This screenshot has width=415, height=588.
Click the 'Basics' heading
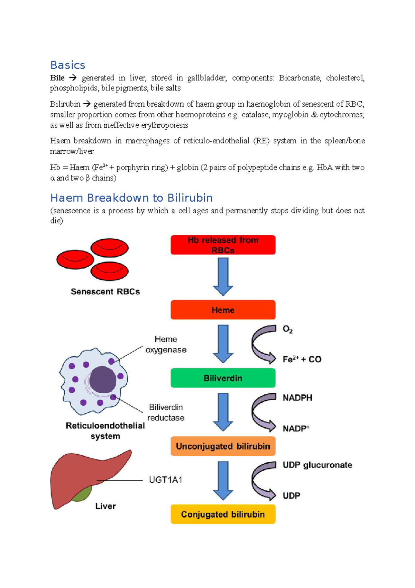coord(68,65)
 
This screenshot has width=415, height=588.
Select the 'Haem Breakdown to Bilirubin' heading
coord(131,198)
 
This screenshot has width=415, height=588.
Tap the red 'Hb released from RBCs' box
coord(223,245)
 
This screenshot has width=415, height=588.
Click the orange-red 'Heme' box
coord(223,310)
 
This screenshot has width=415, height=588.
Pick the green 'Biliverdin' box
coord(223,378)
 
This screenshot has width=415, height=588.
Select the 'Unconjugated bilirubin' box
coord(223,446)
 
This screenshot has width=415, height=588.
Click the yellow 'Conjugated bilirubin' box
coord(223,514)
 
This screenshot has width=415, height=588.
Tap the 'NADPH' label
coord(297,398)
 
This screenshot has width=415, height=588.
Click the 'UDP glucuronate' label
coord(317,465)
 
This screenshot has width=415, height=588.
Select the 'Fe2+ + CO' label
coord(302,359)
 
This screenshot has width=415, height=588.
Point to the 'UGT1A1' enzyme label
coord(165,480)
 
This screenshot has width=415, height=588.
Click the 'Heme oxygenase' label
coord(166,344)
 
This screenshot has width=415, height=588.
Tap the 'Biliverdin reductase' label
coord(166,412)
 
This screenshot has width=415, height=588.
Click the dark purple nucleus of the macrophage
coord(103,379)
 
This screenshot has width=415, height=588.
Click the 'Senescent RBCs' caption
coord(105,292)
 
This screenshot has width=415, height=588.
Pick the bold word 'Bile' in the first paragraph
coord(57,78)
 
